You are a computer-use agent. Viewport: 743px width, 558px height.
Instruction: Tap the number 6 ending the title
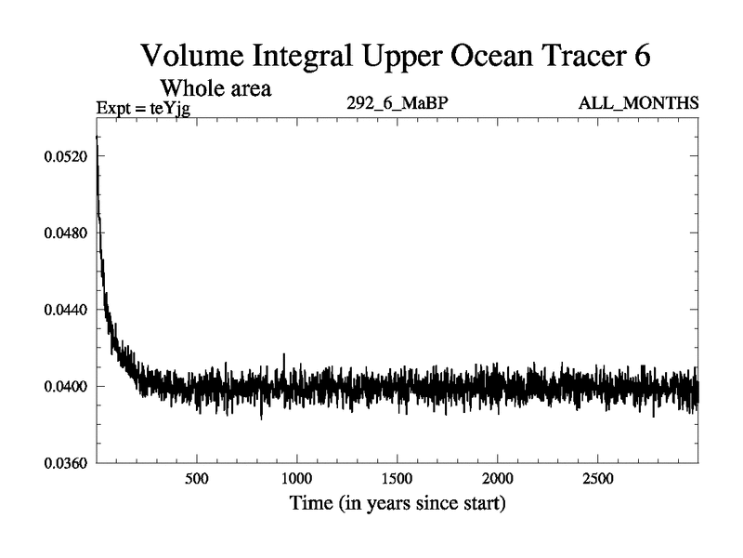pos(640,55)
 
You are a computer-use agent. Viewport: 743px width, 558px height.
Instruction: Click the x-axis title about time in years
pos(397,505)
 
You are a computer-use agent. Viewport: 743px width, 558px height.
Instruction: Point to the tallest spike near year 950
pos(284,356)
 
